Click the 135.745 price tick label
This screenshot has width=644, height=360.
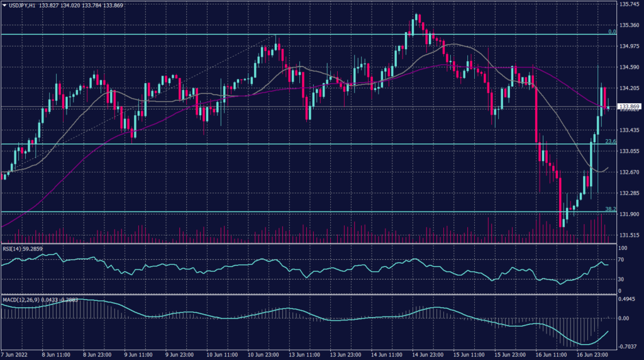pos(629,4)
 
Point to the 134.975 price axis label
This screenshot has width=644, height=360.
pos(629,47)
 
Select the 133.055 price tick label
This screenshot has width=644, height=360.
pos(629,151)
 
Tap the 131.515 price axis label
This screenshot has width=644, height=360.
pos(629,235)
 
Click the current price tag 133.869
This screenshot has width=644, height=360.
pos(630,107)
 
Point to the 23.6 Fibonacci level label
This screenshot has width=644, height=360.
pos(609,142)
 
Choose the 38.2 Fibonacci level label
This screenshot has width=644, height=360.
pos(609,209)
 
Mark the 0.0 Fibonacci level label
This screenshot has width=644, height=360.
pos(611,31)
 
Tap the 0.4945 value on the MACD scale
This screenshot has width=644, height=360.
pos(628,300)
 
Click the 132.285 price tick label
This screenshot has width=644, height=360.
pos(629,193)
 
